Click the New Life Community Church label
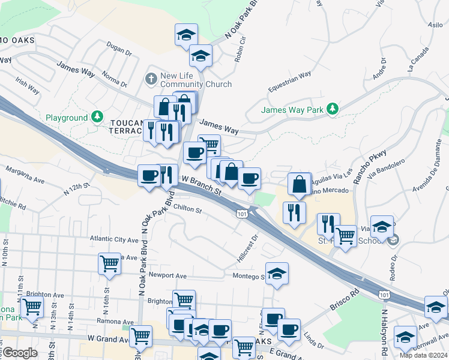[196, 80]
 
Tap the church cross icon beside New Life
[151, 78]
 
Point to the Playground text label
[67, 118]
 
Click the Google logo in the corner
[20, 353]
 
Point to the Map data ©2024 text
[423, 355]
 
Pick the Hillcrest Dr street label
[247, 248]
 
